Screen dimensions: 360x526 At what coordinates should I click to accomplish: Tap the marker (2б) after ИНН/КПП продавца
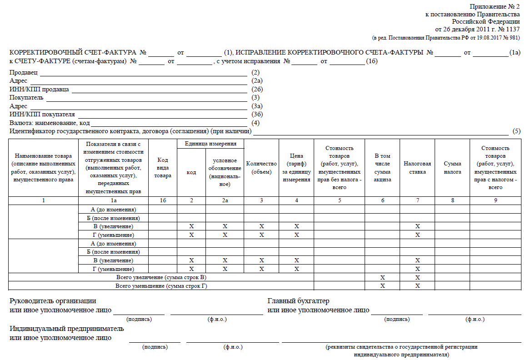[x=257, y=89]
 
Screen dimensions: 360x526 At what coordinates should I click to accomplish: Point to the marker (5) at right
[x=516, y=131]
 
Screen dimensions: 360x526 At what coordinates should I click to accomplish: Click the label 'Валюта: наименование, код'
[x=50, y=123]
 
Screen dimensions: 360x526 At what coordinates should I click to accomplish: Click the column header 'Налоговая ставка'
[x=417, y=167]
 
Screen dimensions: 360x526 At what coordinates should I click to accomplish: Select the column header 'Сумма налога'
[x=452, y=167]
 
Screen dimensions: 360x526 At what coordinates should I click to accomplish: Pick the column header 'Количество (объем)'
[x=261, y=167]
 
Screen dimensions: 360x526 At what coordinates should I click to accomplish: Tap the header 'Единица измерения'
[x=210, y=144]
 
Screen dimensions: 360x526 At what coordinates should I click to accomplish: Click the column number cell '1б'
[x=163, y=200]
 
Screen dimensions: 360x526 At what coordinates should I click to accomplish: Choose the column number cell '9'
[x=496, y=200]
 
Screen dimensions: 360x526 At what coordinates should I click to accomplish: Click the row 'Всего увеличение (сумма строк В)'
[x=161, y=277]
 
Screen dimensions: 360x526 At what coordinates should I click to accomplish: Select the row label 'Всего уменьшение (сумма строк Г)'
[x=161, y=286]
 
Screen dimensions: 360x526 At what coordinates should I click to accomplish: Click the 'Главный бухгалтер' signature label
[x=298, y=301]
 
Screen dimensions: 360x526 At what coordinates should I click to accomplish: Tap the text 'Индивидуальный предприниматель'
[x=66, y=329]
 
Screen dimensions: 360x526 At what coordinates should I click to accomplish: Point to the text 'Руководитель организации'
[x=53, y=301]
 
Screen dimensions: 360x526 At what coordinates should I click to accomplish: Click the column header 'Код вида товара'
[x=163, y=167]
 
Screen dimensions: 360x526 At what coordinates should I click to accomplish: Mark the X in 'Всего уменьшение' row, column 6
[x=382, y=286]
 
